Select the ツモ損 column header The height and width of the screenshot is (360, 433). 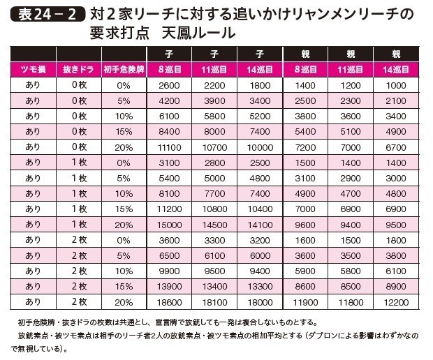tap(32, 69)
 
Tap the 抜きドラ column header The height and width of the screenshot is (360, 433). tap(79, 69)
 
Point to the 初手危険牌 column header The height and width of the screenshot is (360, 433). tap(124, 69)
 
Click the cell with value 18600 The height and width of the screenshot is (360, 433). tap(170, 301)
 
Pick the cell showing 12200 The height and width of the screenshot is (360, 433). tap(395, 301)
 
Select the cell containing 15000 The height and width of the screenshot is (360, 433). tap(170, 224)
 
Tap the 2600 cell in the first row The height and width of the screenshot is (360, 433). tap(170, 85)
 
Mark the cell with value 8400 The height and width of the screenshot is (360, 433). tap(170, 131)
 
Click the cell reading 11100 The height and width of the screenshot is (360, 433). tap(170, 147)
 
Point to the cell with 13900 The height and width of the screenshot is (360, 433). tap(170, 286)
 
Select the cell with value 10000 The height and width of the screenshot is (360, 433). tap(260, 147)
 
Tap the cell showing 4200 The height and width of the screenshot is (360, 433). tap(170, 100)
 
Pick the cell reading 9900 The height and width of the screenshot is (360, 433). tap(170, 271)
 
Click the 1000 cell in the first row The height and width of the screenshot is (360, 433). tap(395, 85)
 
